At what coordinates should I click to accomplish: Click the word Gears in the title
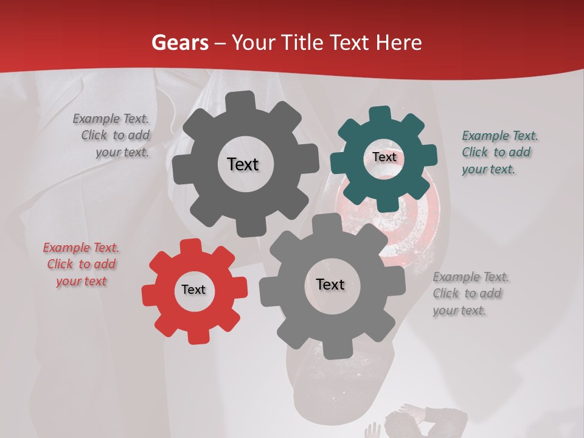pos(179,43)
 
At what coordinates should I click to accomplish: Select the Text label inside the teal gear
pos(384,157)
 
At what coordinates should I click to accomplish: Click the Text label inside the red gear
pos(193,290)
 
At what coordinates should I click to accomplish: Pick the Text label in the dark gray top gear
pos(243,164)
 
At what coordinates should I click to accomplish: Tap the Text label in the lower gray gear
pos(330,285)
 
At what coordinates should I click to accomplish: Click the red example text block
pos(81,265)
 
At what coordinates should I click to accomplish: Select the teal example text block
pos(499,153)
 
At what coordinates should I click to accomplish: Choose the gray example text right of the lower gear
pos(470,294)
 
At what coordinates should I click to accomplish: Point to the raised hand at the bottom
pos(372,430)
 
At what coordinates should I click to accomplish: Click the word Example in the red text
pos(67,248)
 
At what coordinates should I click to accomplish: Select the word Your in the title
pos(251,43)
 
